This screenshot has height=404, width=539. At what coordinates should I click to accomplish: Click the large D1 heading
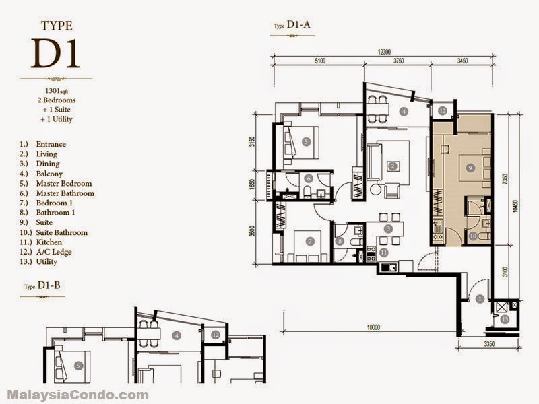click(55, 53)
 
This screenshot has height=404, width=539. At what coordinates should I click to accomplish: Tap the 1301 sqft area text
click(57, 91)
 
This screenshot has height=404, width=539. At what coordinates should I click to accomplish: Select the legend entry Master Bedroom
click(64, 183)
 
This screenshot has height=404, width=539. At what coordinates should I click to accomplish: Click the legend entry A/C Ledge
click(54, 252)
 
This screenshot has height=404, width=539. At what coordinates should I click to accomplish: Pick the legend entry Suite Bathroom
click(62, 232)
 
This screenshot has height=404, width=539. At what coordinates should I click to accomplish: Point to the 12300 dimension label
click(384, 53)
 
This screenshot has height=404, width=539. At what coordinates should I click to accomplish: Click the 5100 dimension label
click(319, 61)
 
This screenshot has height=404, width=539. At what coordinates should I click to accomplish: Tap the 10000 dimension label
click(373, 327)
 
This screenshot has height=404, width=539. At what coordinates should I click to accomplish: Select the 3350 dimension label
click(488, 343)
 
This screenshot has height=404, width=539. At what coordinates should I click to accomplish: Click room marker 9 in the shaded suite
click(470, 168)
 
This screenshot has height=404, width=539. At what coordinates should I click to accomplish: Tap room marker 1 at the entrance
click(480, 299)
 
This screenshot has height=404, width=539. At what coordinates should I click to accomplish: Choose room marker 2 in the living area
click(392, 166)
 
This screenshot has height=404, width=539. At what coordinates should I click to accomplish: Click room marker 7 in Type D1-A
click(310, 242)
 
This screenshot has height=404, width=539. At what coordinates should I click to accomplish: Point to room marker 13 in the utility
click(504, 319)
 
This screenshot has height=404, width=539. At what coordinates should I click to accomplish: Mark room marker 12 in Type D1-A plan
click(443, 110)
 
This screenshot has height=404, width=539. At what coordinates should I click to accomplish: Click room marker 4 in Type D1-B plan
click(177, 335)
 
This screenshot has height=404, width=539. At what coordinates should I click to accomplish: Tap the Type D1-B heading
click(42, 285)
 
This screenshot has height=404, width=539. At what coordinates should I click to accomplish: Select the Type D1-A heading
click(292, 25)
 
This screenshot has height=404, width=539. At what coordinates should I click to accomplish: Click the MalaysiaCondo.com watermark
click(77, 395)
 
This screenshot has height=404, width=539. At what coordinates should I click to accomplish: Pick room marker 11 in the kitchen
click(383, 252)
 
